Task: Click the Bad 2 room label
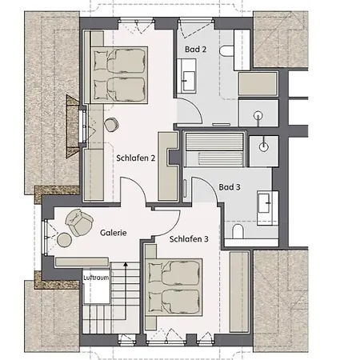click(195, 50)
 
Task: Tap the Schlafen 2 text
click(135, 158)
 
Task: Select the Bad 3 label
click(230, 187)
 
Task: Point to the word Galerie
click(114, 233)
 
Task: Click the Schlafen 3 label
click(189, 239)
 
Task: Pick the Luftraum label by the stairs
click(96, 278)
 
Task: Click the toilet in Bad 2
click(227, 50)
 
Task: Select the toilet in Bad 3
click(238, 231)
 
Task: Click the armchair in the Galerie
click(79, 222)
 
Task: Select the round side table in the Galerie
click(65, 239)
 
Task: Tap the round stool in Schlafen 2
click(111, 125)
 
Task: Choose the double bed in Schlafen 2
click(119, 75)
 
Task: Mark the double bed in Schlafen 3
click(174, 287)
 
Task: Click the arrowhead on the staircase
click(126, 264)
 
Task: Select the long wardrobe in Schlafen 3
click(239, 291)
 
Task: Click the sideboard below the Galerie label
click(82, 262)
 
